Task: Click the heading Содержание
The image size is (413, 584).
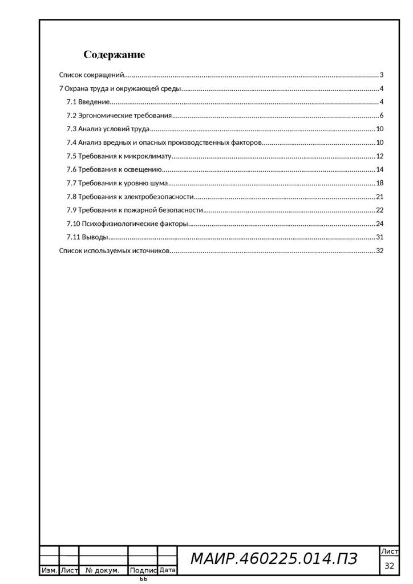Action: (x=114, y=55)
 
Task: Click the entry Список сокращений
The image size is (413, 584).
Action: (x=92, y=75)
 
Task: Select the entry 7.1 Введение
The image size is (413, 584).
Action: (x=88, y=102)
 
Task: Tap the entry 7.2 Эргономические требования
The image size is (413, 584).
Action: (x=119, y=116)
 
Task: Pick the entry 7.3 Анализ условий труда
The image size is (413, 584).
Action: (x=108, y=129)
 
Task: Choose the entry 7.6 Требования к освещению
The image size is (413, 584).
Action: (x=114, y=169)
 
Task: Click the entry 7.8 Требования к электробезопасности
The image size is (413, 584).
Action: (x=130, y=197)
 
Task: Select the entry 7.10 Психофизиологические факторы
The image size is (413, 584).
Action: (x=127, y=224)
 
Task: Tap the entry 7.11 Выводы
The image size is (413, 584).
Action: (x=87, y=237)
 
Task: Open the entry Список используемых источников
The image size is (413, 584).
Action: (x=114, y=251)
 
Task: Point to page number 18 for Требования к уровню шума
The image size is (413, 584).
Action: (x=379, y=183)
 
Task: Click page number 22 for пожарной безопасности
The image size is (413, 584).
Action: (x=379, y=210)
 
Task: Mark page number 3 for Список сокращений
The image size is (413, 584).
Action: (x=381, y=75)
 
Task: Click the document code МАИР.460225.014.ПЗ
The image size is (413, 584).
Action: (x=273, y=559)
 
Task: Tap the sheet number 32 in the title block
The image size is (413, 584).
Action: (x=390, y=566)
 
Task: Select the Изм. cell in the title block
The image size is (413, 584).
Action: (x=49, y=570)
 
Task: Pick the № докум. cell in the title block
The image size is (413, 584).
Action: (x=103, y=570)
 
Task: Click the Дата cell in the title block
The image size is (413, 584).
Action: (x=167, y=570)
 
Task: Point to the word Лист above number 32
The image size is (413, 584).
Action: (x=390, y=551)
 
